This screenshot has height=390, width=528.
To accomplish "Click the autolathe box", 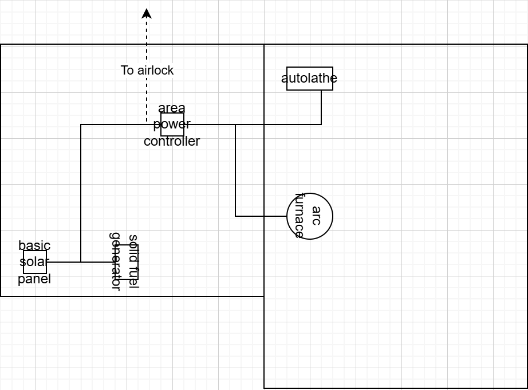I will [x=310, y=79].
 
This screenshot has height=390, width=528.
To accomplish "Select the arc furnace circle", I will [x=310, y=216].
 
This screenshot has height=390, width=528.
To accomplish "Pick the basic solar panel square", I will [x=35, y=262].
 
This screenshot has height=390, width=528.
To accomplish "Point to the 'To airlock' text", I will [x=147, y=70].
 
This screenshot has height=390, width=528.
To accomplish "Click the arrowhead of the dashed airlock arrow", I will [x=147, y=13].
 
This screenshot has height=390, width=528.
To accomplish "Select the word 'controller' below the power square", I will [x=172, y=141].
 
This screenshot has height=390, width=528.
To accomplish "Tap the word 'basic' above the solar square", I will [x=34, y=245].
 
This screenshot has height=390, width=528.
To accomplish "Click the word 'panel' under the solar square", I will [x=34, y=279].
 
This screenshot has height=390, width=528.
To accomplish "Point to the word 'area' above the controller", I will [x=172, y=108].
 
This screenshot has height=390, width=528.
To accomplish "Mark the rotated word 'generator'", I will [x=116, y=262].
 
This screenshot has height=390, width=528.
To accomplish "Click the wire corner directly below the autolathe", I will [x=321, y=124].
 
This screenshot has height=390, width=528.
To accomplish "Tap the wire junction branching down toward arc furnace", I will [x=235, y=124].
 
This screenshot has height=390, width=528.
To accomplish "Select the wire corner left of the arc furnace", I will [x=235, y=216].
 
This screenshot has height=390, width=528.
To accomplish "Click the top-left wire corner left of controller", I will [x=81, y=124].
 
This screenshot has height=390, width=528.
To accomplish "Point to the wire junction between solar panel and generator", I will [x=81, y=262].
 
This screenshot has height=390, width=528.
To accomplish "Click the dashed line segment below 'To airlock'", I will [x=147, y=97].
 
